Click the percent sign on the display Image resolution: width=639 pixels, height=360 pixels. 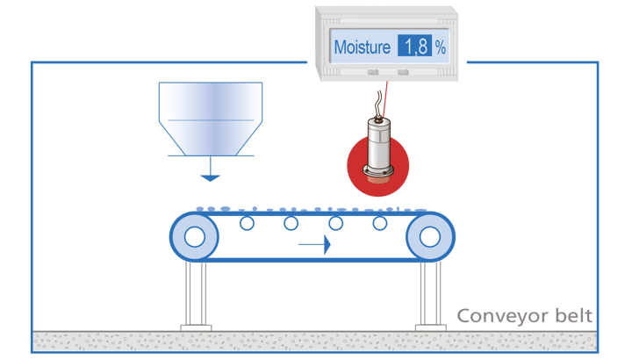441,47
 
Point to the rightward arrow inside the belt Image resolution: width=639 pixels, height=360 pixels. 315,244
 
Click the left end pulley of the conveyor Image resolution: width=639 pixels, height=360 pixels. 194,236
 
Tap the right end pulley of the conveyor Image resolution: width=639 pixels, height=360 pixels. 430,236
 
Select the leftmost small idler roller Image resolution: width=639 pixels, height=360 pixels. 247,225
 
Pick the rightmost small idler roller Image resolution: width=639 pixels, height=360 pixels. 379,225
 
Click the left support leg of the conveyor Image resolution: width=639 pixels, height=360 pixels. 197,295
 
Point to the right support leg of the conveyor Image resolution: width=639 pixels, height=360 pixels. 428,295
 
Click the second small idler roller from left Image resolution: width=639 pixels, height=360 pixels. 290,225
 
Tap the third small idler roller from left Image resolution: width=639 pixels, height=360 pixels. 334,225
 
